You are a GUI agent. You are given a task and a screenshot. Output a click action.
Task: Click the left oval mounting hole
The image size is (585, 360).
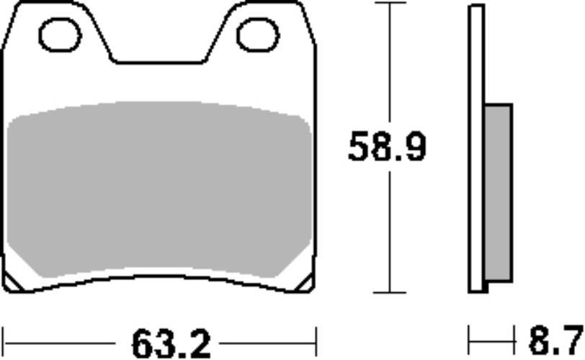pyautogui.click(x=60, y=34)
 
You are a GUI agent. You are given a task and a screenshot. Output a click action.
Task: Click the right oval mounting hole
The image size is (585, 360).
pyautogui.click(x=257, y=34)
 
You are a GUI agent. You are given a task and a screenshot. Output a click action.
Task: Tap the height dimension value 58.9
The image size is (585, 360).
pyautogui.click(x=387, y=148)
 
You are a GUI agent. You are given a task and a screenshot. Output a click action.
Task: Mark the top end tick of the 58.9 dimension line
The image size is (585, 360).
pyautogui.click(x=390, y=4)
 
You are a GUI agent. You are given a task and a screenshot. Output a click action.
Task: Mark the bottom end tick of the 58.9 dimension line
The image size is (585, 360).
pyautogui.click(x=390, y=292)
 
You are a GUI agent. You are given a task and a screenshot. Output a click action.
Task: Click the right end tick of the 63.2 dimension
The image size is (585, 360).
pyautogui.click(x=316, y=336)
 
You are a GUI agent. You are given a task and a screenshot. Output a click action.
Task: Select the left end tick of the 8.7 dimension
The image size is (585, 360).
pyautogui.click(x=470, y=336)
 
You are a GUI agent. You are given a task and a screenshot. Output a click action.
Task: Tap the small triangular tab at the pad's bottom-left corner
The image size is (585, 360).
pyautogui.click(x=14, y=282)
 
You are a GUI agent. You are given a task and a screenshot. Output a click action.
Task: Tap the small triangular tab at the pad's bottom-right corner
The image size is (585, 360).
pyautogui.click(x=305, y=282)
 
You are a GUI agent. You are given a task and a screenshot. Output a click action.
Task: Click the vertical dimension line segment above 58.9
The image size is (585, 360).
pyautogui.click(x=390, y=65)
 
